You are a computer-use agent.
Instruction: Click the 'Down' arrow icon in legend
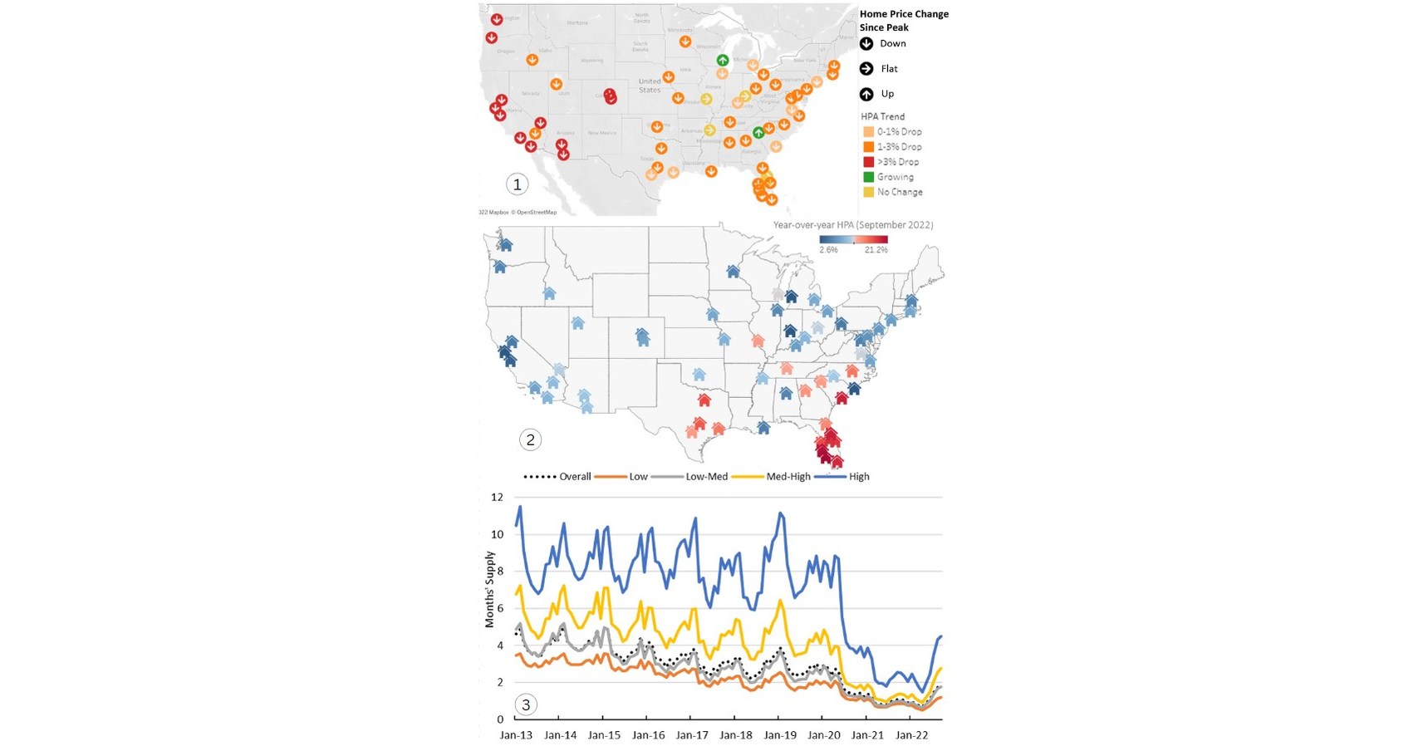tap(866, 44)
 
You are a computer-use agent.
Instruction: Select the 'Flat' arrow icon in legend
tap(866, 69)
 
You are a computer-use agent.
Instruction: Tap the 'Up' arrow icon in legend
tap(866, 94)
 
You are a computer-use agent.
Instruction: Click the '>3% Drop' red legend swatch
tap(868, 162)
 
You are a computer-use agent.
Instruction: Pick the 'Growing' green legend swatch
tap(868, 177)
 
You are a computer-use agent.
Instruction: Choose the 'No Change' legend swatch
tap(868, 192)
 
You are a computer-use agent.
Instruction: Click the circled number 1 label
tap(517, 184)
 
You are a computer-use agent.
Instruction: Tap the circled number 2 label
tap(530, 440)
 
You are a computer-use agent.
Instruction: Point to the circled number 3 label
tap(525, 705)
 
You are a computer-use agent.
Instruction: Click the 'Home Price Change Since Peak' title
tap(903, 21)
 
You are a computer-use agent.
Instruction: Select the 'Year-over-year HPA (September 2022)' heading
tap(852, 225)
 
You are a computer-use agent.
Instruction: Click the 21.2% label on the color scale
tap(876, 250)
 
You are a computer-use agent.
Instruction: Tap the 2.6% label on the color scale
tap(828, 250)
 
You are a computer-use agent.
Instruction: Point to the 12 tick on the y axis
tap(497, 498)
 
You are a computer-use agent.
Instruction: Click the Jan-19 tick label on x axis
tap(779, 735)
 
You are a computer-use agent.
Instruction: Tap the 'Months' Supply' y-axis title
tap(489, 589)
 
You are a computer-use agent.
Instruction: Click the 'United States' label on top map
tap(650, 86)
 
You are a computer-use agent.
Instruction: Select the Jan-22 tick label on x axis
tap(911, 735)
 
